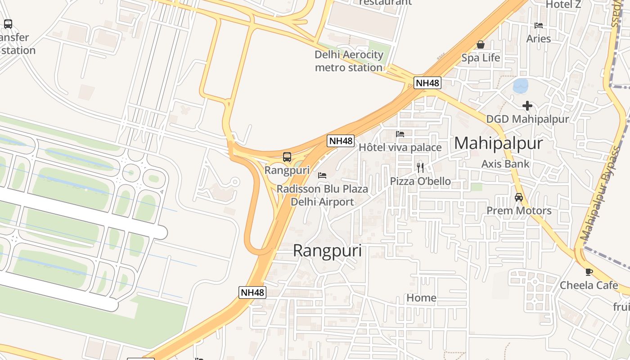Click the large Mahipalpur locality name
[x=498, y=143]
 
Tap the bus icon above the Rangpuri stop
[x=287, y=157]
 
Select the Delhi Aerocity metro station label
[x=349, y=61]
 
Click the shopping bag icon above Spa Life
[x=481, y=45]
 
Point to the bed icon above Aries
[x=539, y=26]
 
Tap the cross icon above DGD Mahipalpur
[x=527, y=106]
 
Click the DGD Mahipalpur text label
[x=527, y=119]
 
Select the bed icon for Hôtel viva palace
[x=400, y=134]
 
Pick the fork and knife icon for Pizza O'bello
[x=420, y=168]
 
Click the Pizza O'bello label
[x=420, y=181]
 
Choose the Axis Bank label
[x=505, y=164]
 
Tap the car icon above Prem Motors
[x=519, y=197]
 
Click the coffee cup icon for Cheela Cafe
[x=589, y=272]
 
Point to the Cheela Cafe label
[x=589, y=285]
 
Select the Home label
[x=421, y=298]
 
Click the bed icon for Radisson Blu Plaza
[x=322, y=175]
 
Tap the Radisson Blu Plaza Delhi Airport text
[x=322, y=195]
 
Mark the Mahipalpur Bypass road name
[x=604, y=193]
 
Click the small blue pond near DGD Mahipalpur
[x=521, y=85]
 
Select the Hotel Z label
[x=563, y=4]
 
